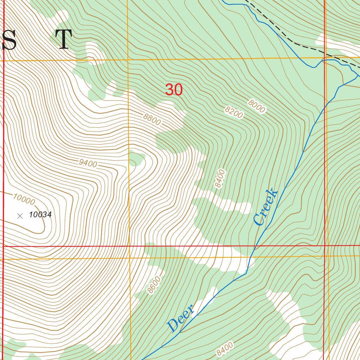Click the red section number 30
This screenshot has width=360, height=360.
point(174,90)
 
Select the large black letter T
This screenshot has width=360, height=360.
point(64,39)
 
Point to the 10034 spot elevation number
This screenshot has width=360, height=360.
point(40,214)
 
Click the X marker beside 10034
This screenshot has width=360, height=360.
point(20,216)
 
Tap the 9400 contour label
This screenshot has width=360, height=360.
point(88,163)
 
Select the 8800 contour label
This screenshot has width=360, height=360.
point(152,120)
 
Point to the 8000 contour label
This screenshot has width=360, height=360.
point(257,106)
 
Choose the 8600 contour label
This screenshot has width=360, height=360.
point(154,285)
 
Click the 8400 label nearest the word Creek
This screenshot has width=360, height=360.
point(220,179)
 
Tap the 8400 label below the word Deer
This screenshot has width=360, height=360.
point(225,349)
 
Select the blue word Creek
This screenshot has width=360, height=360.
point(265,207)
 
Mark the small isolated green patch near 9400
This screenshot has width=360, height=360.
point(136,158)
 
